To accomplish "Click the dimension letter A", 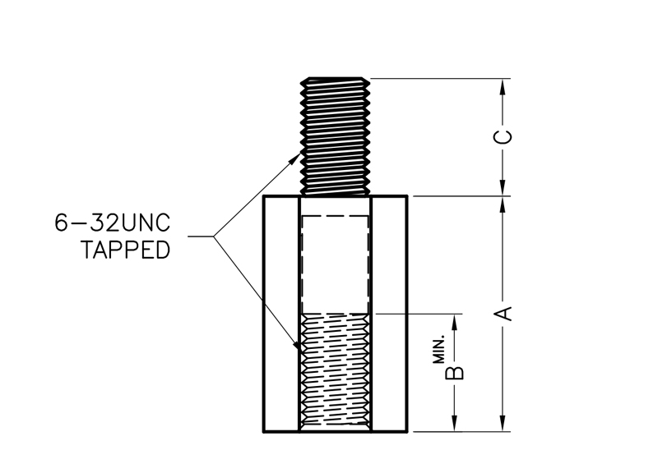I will (506, 313).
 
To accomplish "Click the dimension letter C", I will (506, 136).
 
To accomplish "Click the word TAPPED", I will (126, 250).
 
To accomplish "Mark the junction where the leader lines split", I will (215, 238).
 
